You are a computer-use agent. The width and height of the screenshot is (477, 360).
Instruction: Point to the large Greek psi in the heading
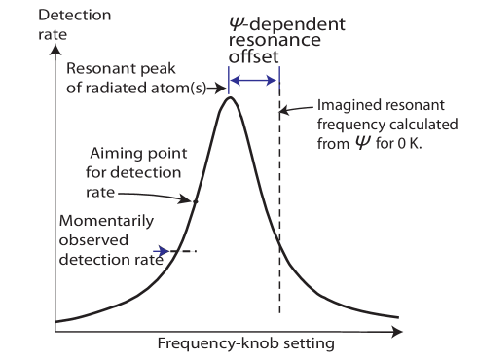pyautogui.click(x=235, y=25)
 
